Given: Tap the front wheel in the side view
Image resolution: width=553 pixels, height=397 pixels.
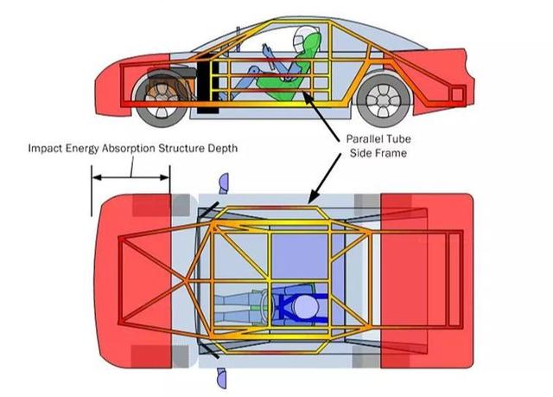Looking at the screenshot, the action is click(x=162, y=99).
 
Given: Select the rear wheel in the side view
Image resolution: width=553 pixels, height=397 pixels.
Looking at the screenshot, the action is click(x=384, y=101).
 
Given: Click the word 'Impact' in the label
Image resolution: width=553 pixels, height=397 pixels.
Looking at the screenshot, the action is click(x=46, y=148).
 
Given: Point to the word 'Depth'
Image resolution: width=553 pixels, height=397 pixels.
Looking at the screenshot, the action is click(x=222, y=148).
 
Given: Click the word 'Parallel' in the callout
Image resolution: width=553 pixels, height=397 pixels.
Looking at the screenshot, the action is click(x=366, y=138).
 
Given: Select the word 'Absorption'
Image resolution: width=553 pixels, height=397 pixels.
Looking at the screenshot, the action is click(x=128, y=148).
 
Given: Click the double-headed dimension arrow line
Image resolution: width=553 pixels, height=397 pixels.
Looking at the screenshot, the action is click(x=130, y=177).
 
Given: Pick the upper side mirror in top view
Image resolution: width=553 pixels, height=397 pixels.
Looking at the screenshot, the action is click(x=224, y=183).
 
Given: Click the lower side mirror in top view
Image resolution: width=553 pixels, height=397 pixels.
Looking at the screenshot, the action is click(x=222, y=378).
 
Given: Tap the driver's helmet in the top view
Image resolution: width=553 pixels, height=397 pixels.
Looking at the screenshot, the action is click(x=305, y=307).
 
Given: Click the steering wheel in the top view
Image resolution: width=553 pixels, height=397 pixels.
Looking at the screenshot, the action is click(x=268, y=306).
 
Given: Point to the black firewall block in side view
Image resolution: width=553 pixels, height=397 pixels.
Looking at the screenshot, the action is click(x=207, y=86).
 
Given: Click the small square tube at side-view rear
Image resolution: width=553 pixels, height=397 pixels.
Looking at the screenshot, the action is click(x=457, y=94).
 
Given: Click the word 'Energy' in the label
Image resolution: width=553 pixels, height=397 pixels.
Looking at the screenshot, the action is click(x=83, y=149).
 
